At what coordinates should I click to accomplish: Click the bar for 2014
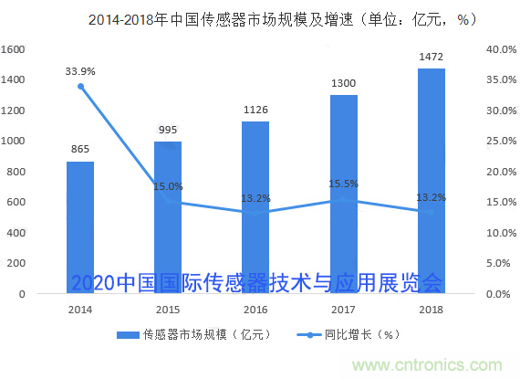80,227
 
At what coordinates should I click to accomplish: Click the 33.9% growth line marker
80,87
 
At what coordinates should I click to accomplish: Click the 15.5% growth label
344,184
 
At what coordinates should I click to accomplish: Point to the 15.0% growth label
168,186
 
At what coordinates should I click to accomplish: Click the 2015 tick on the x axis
168,311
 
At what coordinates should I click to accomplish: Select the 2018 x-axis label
432,311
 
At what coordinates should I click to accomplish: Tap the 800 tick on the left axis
17,172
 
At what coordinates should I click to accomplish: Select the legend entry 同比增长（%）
351,334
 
